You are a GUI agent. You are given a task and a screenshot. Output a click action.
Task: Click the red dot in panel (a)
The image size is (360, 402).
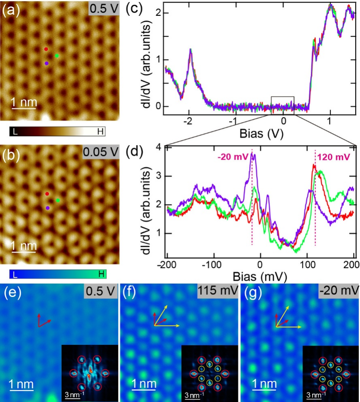click(46, 49)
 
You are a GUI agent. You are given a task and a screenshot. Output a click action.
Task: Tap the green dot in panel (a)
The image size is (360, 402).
click(57, 56)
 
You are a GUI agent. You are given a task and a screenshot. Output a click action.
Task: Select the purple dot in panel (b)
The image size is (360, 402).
click(48, 208)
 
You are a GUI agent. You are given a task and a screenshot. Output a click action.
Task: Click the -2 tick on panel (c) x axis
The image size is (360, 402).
click(188, 122)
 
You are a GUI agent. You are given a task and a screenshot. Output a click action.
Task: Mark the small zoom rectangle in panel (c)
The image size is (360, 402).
click(283, 103)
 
